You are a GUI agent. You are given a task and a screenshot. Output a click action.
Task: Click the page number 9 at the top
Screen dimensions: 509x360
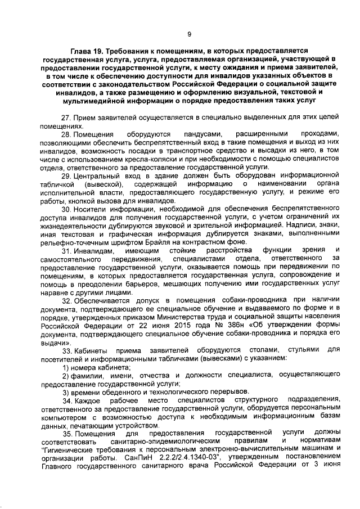pos(190,34)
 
